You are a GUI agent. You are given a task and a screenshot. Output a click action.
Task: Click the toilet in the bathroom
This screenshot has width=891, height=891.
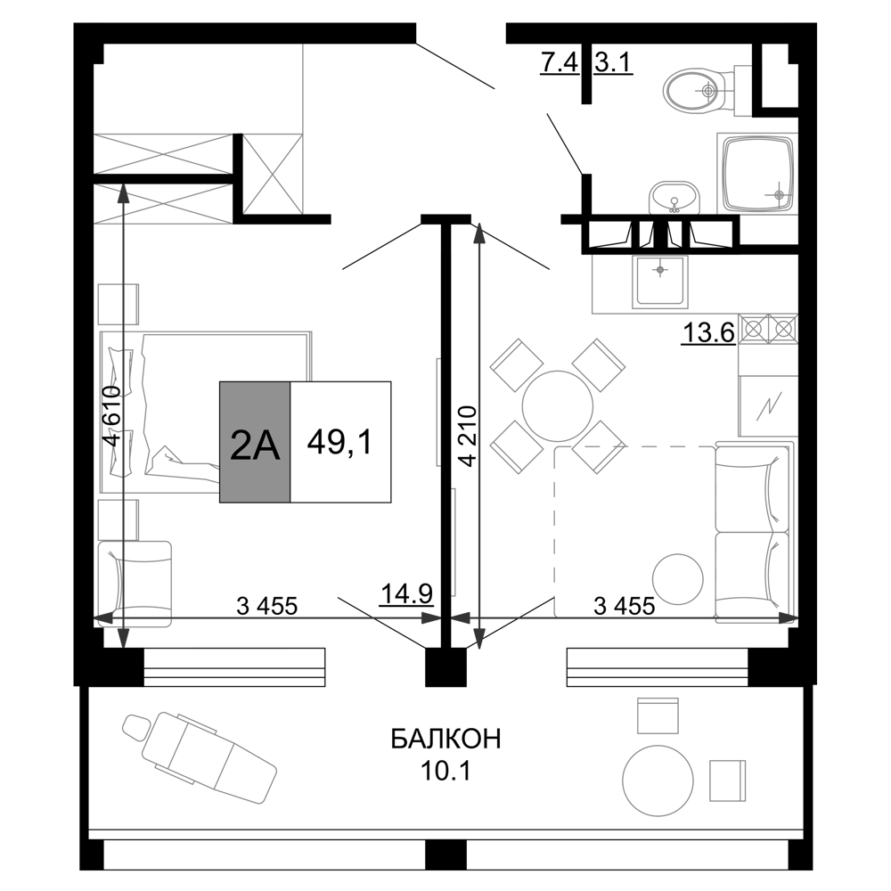pos(699,89)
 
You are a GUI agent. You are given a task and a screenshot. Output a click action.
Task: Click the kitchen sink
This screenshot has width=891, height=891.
pos(659,281)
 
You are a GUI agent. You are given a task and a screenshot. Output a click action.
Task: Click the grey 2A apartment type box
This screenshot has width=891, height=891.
pos(255,442)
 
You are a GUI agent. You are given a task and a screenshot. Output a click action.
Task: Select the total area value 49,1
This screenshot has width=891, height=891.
pos(341,442)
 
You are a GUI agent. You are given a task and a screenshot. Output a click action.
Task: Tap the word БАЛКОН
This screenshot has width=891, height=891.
pos(445,739)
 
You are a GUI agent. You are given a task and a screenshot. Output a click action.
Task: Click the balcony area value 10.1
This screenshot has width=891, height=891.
pos(445,768)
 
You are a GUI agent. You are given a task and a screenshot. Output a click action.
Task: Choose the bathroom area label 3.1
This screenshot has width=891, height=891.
pos(613,64)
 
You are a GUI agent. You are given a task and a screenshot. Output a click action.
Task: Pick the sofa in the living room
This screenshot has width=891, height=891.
pos(753,532)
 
